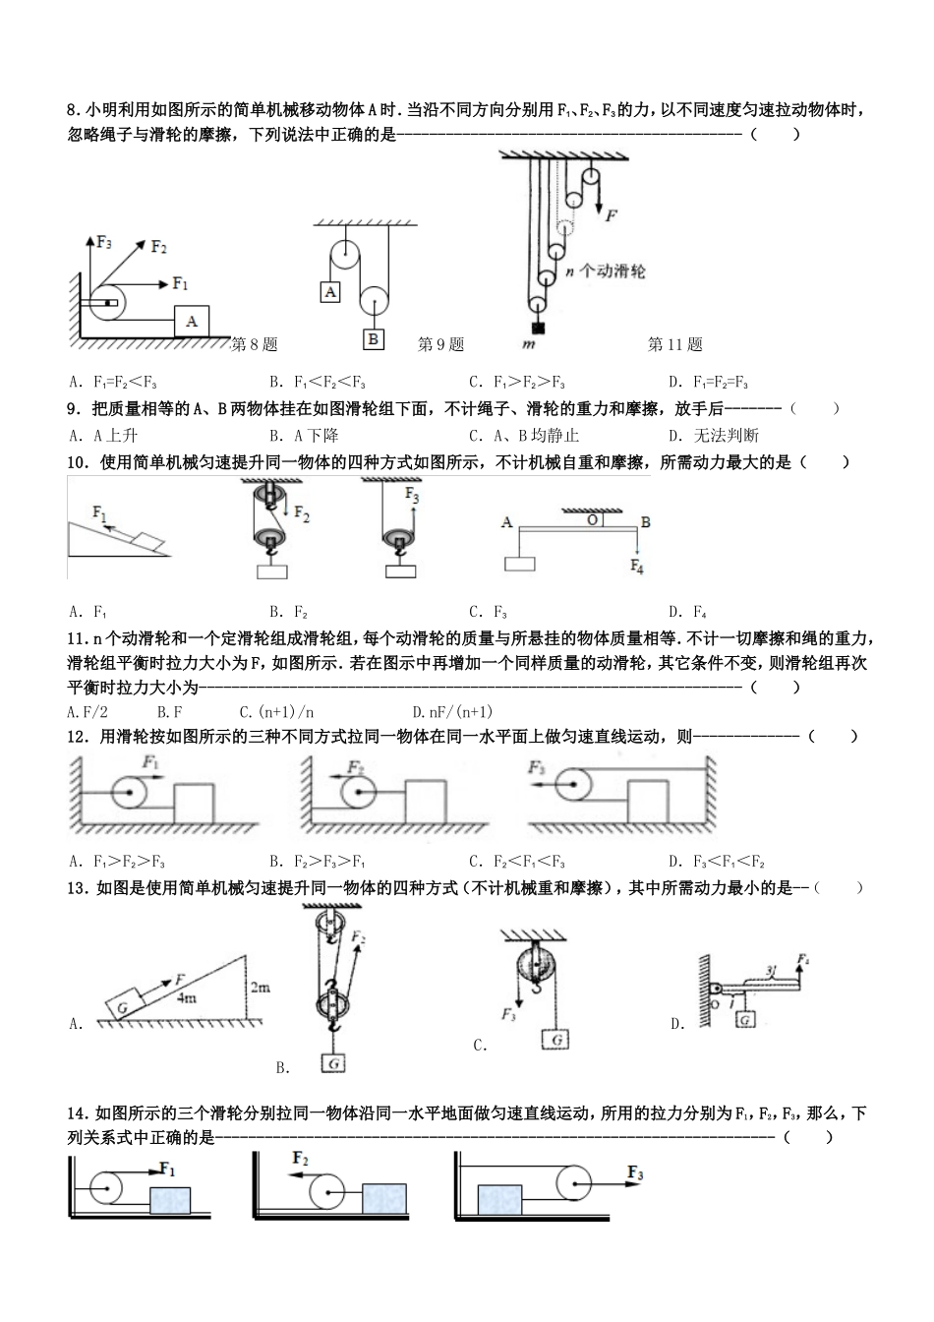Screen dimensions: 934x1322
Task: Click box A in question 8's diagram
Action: pos(192,321)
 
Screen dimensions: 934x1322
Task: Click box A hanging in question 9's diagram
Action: pos(331,292)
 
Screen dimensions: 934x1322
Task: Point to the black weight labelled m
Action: pos(538,329)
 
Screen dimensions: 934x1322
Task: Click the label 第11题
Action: pos(674,344)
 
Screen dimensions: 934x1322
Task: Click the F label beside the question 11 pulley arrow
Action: pos(611,214)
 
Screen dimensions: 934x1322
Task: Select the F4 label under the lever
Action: pos(636,567)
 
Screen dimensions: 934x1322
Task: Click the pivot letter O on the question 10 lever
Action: pos(592,519)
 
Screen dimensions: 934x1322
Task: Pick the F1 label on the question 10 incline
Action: pos(100,511)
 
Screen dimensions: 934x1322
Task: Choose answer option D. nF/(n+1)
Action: pos(452,711)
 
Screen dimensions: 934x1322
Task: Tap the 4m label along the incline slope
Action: pos(188,996)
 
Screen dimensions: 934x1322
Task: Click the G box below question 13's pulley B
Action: pos(334,1062)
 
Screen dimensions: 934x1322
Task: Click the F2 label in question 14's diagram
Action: pos(300,1159)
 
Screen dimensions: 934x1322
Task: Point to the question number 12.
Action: pos(78,736)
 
